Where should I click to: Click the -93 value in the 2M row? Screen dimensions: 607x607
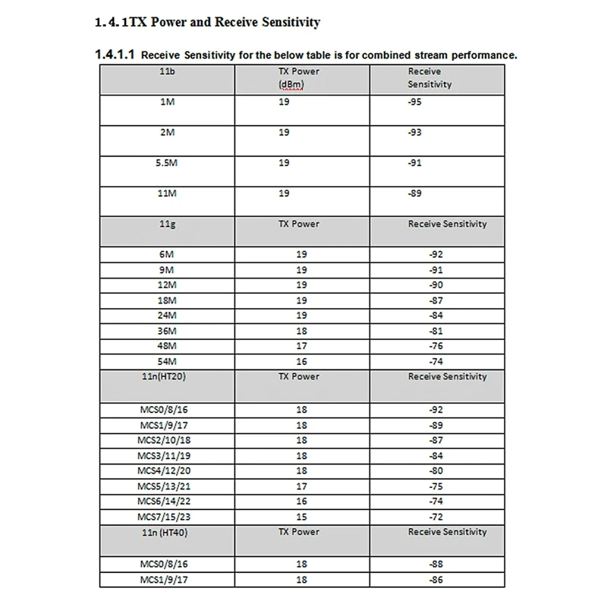pos(416,132)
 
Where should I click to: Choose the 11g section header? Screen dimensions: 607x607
pos(168,224)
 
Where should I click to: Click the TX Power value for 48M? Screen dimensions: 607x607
pos(301,345)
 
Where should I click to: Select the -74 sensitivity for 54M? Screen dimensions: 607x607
pos(436,361)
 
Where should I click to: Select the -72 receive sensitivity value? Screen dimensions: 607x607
pos(436,517)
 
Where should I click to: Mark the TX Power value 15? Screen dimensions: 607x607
pos(301,517)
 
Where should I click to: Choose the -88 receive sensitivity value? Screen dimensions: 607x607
pos(436,564)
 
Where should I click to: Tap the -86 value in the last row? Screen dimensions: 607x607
pos(436,579)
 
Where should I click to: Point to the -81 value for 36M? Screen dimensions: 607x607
pos(436,330)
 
